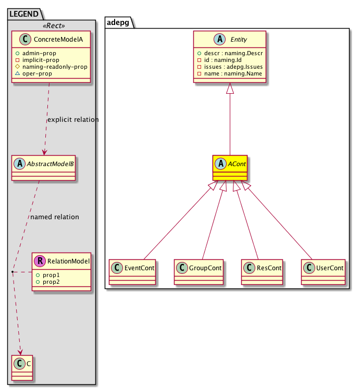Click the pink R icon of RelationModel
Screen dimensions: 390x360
(40, 261)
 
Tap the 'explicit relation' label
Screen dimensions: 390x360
(73, 120)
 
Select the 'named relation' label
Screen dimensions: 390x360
(55, 217)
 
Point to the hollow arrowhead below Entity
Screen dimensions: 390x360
(230, 90)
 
